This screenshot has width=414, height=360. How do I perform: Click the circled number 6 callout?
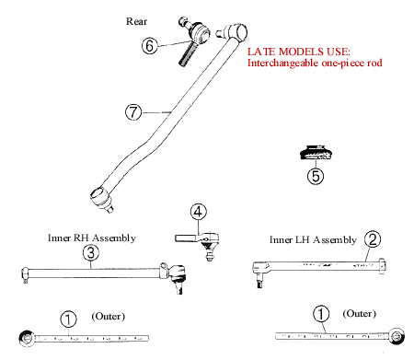[150, 46]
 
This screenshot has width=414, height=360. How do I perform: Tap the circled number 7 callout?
[133, 112]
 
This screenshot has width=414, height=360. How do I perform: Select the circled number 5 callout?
[316, 176]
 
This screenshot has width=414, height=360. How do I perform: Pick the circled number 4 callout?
[198, 212]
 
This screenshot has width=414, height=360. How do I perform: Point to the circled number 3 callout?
[91, 253]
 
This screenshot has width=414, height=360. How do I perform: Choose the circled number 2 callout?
[373, 239]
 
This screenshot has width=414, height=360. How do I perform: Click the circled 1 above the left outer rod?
[68, 319]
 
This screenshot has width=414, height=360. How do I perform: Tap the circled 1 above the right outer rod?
[321, 314]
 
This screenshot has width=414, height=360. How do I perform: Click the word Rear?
[136, 21]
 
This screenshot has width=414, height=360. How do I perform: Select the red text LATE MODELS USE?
[299, 52]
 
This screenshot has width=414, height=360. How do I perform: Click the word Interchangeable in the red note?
[283, 63]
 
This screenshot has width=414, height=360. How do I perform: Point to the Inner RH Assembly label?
[92, 238]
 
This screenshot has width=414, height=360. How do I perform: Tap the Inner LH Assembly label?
[313, 239]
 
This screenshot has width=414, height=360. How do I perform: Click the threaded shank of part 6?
[187, 54]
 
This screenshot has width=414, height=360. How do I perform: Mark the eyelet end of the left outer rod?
[27, 339]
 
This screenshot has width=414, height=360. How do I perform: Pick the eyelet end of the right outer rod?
[397, 335]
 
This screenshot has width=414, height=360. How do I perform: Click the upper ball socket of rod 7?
[236, 31]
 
